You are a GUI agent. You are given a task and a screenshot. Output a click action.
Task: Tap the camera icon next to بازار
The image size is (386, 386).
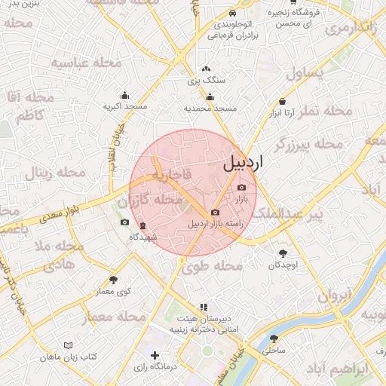[x=241, y=188]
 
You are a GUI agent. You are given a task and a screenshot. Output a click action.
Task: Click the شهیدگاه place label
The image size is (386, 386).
[x=142, y=237]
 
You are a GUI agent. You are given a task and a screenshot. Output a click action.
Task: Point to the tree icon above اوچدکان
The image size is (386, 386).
[x=283, y=253]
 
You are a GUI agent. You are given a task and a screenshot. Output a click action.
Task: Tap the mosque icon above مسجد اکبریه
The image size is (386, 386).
[x=124, y=96]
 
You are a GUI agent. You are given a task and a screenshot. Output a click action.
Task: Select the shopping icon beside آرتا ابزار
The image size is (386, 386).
[x=282, y=101]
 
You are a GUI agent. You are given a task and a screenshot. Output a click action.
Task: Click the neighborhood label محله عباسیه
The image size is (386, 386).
[x=81, y=63]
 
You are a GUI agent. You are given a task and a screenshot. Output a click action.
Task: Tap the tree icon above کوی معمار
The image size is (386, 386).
[x=113, y=280]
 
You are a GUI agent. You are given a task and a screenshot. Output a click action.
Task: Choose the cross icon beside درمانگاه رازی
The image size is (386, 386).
[x=155, y=354]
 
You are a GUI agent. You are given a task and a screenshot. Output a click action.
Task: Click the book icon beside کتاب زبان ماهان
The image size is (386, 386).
[x=69, y=345]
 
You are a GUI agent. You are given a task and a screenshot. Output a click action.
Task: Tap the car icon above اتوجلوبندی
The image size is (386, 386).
[x=232, y=14]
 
